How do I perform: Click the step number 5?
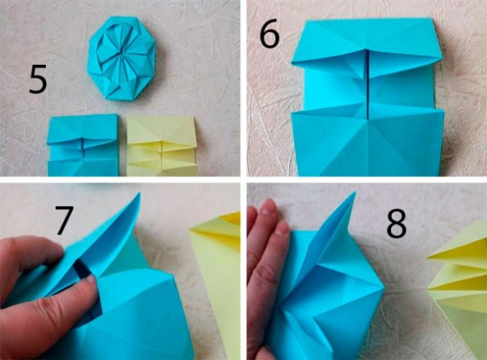pos(38,79)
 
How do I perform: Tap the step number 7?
pos(64,220)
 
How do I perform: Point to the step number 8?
pos(397,224)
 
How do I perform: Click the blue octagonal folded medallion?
pos(121,58)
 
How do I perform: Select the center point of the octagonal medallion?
pos(119,52)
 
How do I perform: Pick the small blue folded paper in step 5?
pos(83,145)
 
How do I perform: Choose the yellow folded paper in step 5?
pos(162,146)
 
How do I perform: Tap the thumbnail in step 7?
pos(90,279)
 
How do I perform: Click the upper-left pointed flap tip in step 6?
pos(292,64)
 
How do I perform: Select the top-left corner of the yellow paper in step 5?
pos(127,116)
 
